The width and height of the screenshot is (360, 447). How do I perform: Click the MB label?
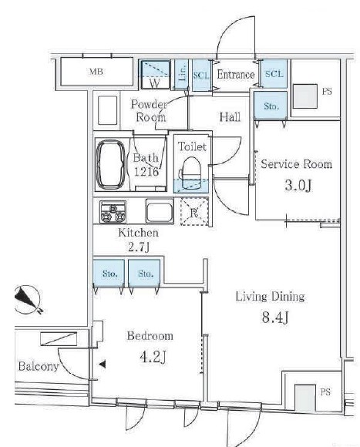coord(96,72)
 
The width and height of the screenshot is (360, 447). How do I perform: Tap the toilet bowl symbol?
coord(191,173)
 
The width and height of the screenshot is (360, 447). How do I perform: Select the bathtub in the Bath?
coord(110,164)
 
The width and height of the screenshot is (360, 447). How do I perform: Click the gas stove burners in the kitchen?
coord(113,211)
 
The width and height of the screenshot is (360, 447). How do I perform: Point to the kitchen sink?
coord(160,211)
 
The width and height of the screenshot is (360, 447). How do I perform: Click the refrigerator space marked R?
coord(194,211)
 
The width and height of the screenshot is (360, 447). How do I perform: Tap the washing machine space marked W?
coord(156,75)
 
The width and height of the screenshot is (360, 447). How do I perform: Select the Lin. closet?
coord(181,75)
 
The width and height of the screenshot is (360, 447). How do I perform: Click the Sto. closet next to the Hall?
coord(271,106)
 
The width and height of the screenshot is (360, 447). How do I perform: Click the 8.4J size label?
coord(275,317)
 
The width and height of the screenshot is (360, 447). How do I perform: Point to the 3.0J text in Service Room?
coord(298,185)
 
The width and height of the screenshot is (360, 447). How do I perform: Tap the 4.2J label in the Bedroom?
coord(153,357)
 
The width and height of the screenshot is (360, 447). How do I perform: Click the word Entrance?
coord(236,75)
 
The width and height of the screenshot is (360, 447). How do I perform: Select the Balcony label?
coord(39,366)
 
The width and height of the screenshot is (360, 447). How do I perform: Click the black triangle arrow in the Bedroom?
coord(103,364)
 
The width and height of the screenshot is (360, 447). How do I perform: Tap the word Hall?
coord(230,117)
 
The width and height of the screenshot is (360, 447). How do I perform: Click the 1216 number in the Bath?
coord(146,172)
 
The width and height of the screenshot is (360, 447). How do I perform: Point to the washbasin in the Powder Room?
coord(107,110)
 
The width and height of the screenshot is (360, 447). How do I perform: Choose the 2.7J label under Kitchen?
coord(139,247)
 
